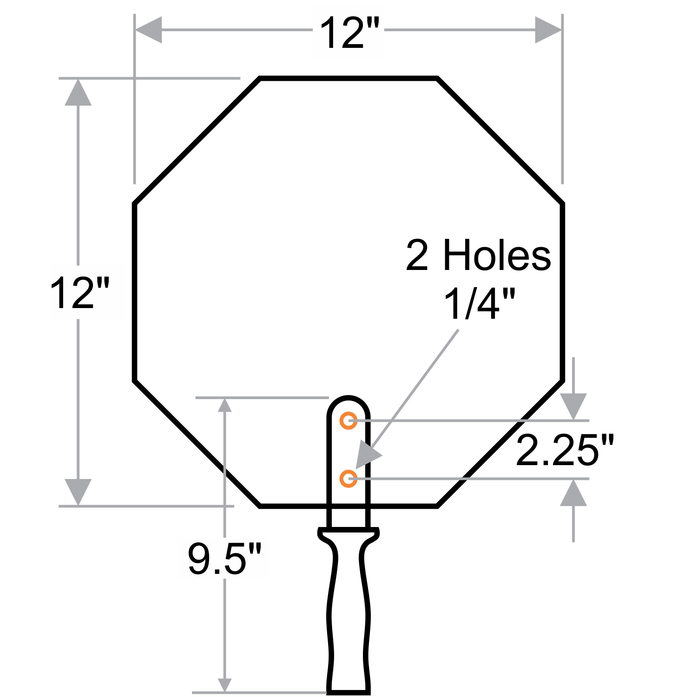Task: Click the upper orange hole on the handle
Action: coord(348,421)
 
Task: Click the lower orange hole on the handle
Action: coord(348,479)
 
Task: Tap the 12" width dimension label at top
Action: coord(349,33)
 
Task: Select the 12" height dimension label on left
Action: coord(79,293)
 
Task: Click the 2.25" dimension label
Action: coord(565,450)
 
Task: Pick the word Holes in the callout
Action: coord(497,256)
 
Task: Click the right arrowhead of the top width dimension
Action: coord(548,30)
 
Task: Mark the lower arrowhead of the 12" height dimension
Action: coord(78,491)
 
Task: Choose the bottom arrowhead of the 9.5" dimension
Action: coord(225,684)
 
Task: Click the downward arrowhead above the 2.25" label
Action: coord(573,406)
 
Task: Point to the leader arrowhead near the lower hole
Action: coord(368,455)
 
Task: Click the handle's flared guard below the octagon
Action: coord(348,534)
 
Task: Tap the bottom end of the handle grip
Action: coord(348,690)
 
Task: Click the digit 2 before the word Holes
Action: coord(417,256)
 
